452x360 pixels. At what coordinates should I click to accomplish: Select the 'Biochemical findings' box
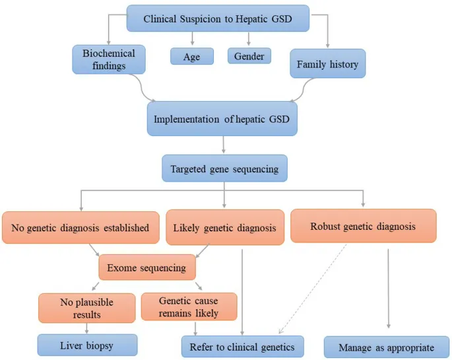[108, 59]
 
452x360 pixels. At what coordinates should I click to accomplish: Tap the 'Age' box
[191, 57]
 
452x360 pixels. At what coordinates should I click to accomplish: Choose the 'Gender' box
[249, 56]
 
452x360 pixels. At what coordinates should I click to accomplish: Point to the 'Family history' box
[327, 64]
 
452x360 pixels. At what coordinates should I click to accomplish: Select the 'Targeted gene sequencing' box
[224, 169]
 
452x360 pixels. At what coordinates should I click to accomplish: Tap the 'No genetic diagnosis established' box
[81, 228]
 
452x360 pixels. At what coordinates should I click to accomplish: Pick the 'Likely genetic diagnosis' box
[224, 228]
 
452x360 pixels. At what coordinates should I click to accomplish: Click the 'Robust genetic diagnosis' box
[363, 226]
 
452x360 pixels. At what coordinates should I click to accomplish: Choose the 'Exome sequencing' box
[146, 268]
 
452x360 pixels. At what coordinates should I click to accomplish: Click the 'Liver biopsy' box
[87, 345]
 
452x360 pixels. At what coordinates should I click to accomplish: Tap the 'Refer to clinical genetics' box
[242, 347]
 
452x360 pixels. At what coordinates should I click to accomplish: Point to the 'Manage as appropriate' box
[386, 347]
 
